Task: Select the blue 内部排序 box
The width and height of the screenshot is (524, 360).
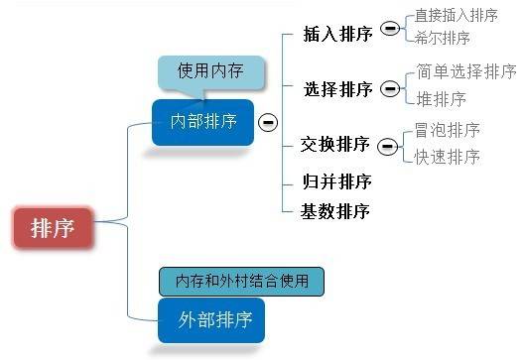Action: pos(202,122)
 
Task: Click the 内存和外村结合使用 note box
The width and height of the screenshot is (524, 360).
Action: pos(241,281)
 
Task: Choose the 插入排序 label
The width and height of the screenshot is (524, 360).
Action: pos(338,35)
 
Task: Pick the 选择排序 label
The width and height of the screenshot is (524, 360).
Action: pos(338,89)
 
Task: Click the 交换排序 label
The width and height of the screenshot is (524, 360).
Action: pos(335,145)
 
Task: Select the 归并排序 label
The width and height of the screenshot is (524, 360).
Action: pos(336,180)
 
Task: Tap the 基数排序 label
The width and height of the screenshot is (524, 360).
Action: pos(336,210)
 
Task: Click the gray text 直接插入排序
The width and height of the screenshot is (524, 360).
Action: pos(456,16)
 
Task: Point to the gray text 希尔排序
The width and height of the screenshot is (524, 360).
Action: pos(443,39)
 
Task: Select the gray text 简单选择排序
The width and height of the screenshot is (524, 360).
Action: pos(466,71)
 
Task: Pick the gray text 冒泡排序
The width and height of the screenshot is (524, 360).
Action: pos(448,130)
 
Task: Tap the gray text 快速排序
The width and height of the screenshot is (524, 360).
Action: pos(448,157)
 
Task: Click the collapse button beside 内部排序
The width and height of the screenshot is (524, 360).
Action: pos(267,122)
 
